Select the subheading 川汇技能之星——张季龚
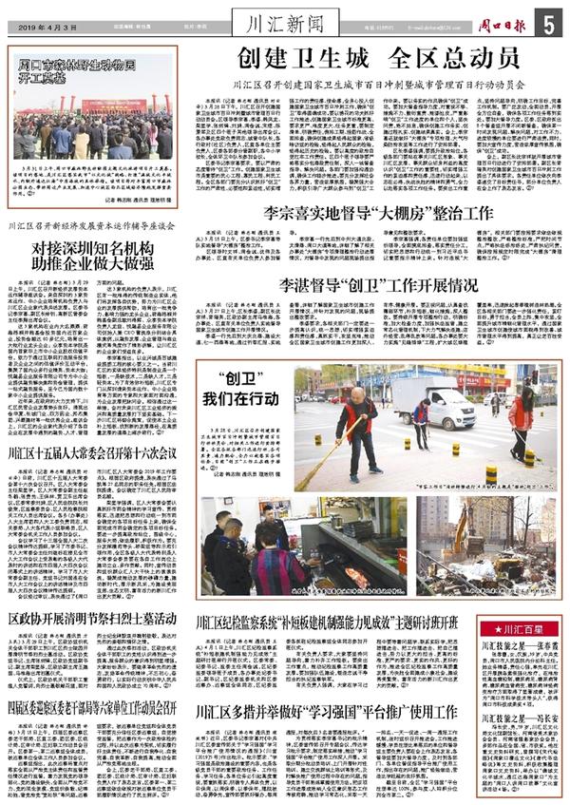(522, 645)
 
